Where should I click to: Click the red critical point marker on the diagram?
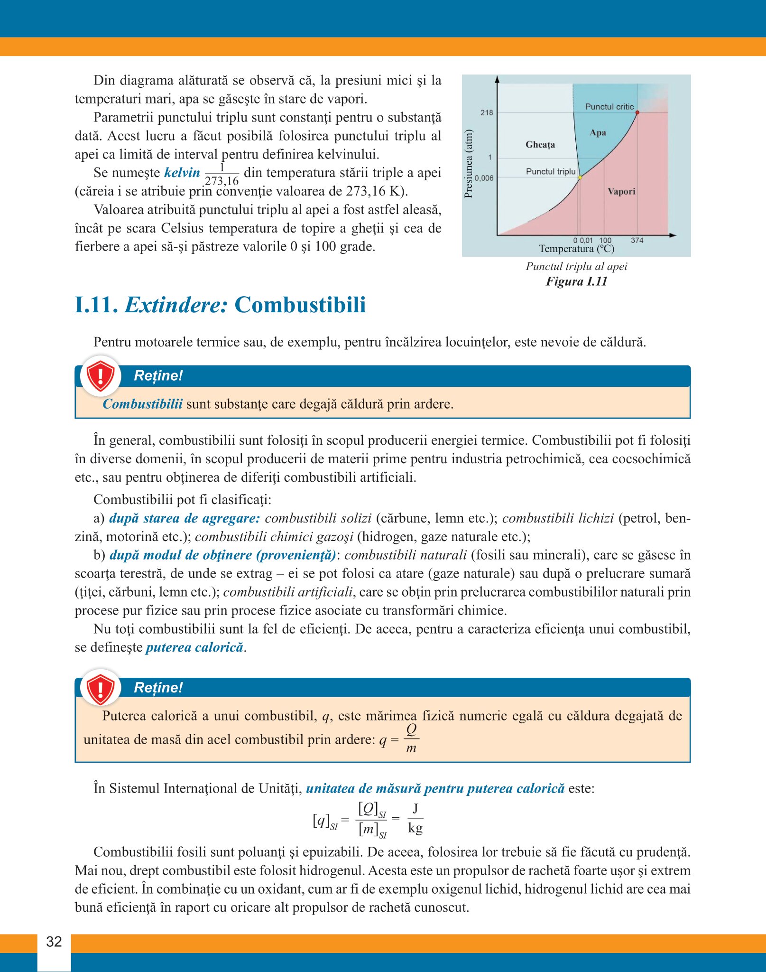(x=637, y=112)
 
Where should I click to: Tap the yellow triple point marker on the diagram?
(x=580, y=177)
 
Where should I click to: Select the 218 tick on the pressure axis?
(x=487, y=113)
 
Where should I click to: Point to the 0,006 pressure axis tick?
(x=484, y=178)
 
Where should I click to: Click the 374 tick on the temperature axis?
(x=637, y=241)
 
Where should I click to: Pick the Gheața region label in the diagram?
(x=540, y=145)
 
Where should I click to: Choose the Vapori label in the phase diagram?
(x=621, y=192)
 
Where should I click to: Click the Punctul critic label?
(x=609, y=107)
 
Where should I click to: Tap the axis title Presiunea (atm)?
(x=469, y=163)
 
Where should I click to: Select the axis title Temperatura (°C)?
(x=576, y=249)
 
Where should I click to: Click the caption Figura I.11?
(x=576, y=281)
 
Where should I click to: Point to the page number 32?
(x=54, y=942)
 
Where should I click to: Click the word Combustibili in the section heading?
(x=300, y=305)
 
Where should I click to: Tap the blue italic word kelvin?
(x=182, y=173)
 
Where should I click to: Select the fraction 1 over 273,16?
(x=221, y=174)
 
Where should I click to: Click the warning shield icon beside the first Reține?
(x=100, y=376)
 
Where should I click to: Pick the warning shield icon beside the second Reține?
(x=100, y=688)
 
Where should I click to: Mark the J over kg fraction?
(x=415, y=819)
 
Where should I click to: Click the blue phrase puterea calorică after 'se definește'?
(x=194, y=647)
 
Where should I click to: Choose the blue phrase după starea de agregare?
(x=185, y=518)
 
